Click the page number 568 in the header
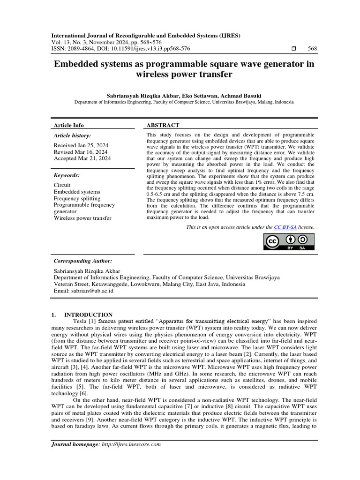pos(312,48)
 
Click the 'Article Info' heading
pos(69,125)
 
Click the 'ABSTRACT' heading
pos(163,125)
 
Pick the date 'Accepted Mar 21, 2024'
pos(82,159)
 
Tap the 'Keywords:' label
pos(67,175)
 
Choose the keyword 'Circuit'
pos(62,185)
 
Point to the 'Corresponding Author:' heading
pos(83,261)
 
